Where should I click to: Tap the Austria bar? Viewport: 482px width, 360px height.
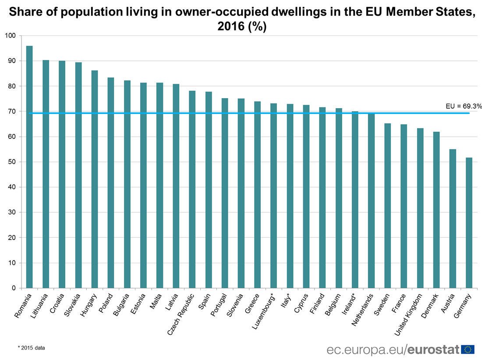(453, 219)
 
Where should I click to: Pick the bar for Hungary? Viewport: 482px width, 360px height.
(95, 179)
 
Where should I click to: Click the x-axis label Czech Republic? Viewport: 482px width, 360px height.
(181, 315)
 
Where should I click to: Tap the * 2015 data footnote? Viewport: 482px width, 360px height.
(31, 348)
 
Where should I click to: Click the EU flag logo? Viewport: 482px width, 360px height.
(468, 349)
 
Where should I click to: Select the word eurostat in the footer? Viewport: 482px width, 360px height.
(433, 349)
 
